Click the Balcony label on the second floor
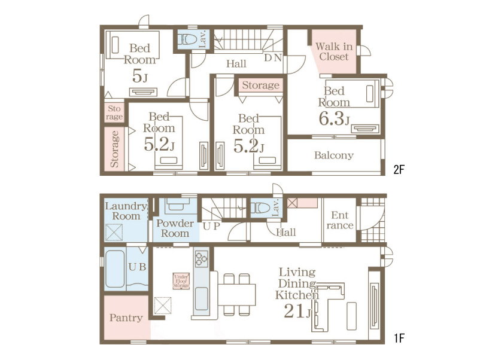coord(334,155)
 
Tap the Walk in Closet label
coord(334,51)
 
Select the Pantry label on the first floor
coord(126,318)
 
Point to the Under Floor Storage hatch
coord(181,281)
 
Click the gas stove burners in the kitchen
coord(202,259)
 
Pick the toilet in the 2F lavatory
coord(187,39)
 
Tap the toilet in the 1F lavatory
coord(260,208)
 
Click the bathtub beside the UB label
coord(115,269)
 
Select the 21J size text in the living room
coord(297,311)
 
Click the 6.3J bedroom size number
coord(334,118)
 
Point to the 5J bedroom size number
coord(140,76)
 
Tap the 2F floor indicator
coord(399,169)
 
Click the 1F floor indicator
coord(399,338)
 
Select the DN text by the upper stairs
coord(273,57)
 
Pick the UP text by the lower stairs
coord(211,226)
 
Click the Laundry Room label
coord(126,211)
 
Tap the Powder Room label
coord(175,228)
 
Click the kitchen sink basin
coord(202,299)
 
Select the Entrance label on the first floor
coord(340,220)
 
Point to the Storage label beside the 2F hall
coord(260,86)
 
